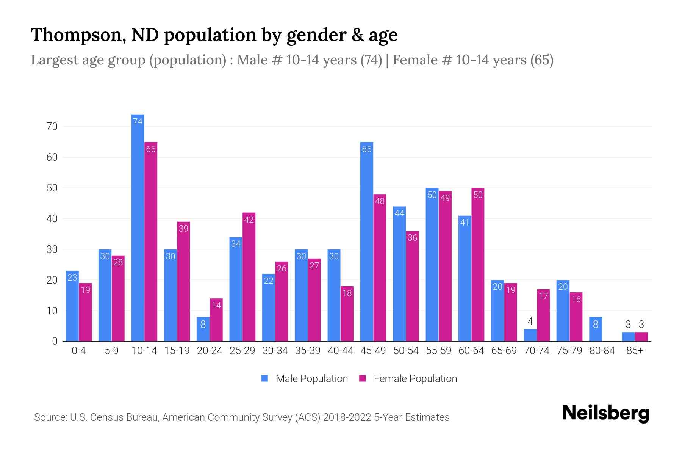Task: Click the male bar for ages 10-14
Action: click(138, 227)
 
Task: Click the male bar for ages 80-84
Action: click(596, 329)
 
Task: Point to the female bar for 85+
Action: click(641, 337)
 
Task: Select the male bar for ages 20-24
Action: click(203, 329)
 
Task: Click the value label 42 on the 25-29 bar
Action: click(249, 220)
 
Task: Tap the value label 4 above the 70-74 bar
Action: click(530, 322)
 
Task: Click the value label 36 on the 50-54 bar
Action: click(412, 238)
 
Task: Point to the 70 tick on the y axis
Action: click(52, 127)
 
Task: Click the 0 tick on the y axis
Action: click(55, 341)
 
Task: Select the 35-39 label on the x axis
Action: click(308, 351)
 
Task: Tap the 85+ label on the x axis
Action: click(635, 351)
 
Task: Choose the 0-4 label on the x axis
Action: click(79, 351)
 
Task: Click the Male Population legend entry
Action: click(305, 378)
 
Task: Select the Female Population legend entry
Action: click(408, 378)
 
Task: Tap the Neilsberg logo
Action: click(605, 413)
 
